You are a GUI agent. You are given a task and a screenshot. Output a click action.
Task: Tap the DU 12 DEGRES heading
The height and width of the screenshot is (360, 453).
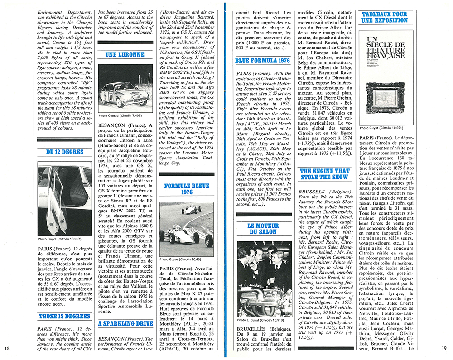click(64, 153)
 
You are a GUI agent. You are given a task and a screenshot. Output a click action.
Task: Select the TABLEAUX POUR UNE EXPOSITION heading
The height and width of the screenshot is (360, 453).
click(385, 17)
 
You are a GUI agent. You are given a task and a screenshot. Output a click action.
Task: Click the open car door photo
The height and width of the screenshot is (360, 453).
click(64, 197)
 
